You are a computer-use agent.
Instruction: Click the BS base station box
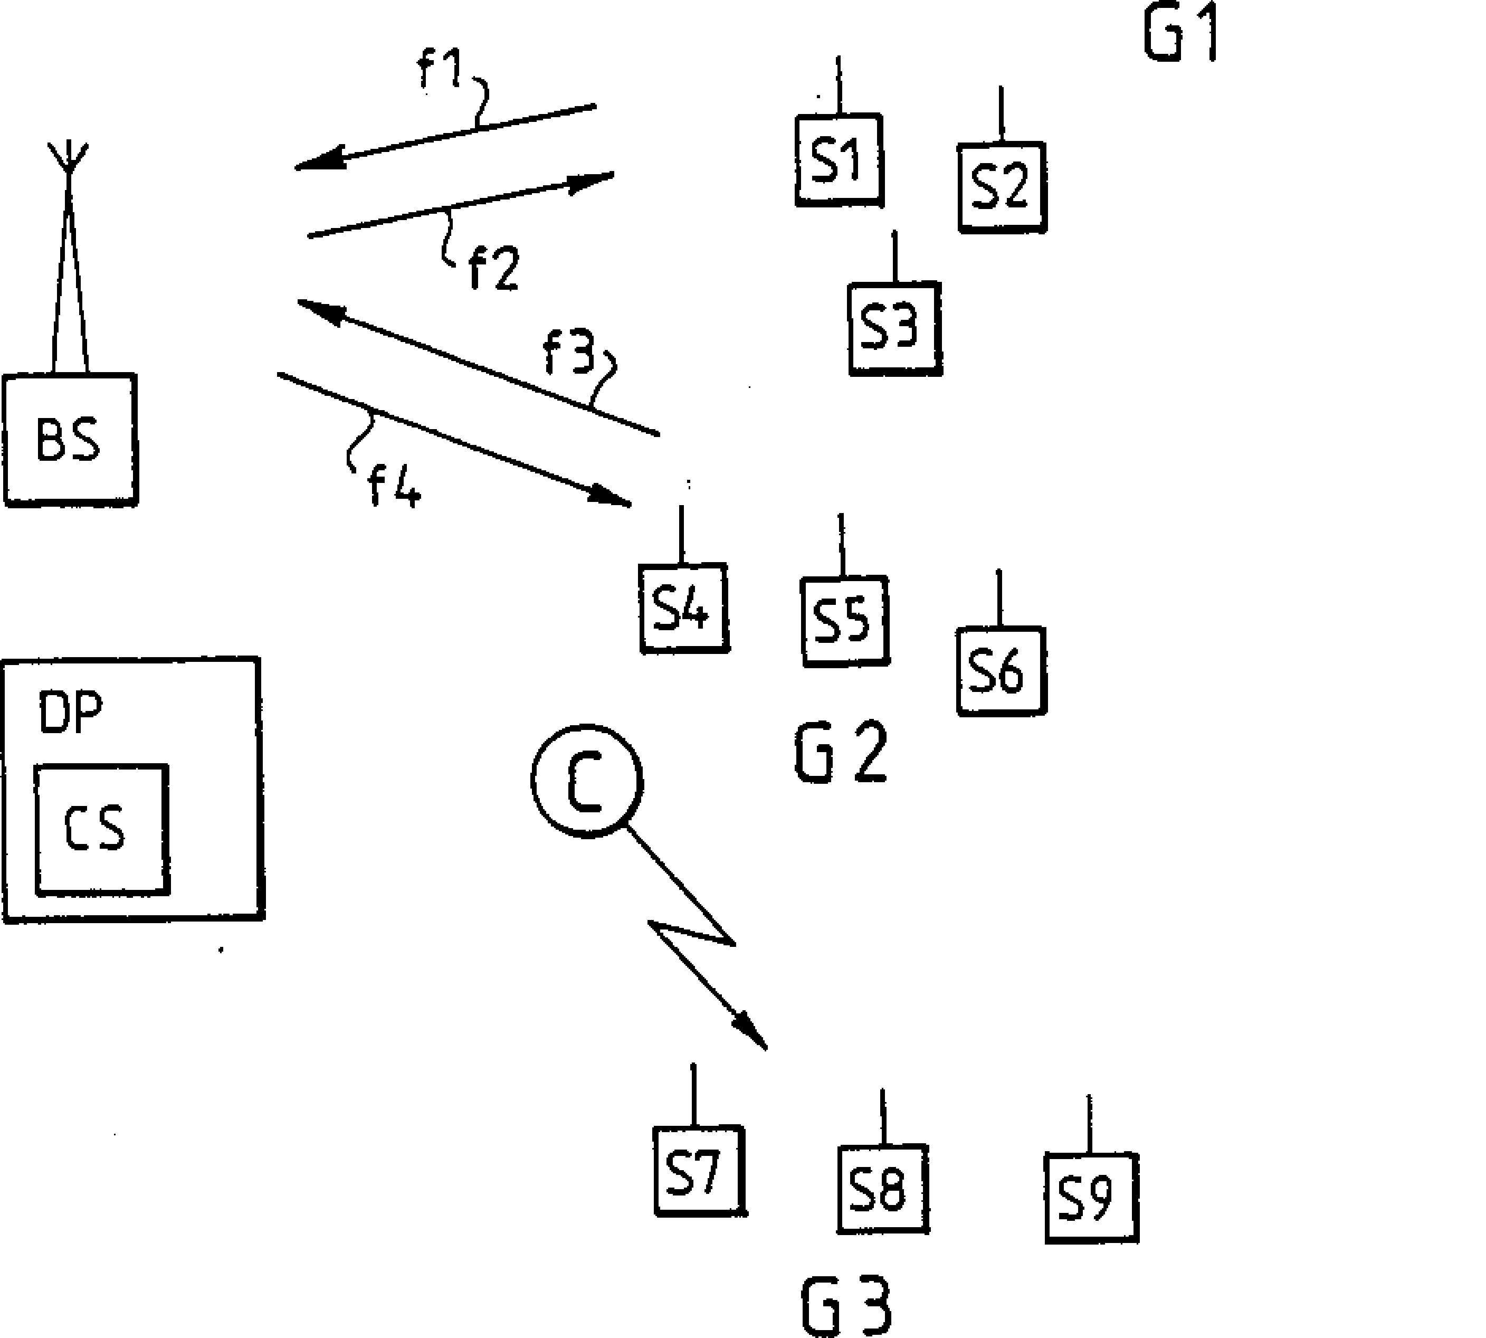point(70,439)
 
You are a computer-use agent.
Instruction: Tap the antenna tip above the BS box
point(69,147)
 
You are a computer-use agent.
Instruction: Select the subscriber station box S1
point(839,159)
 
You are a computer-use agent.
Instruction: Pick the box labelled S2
point(1001,187)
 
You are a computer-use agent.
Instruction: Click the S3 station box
point(894,328)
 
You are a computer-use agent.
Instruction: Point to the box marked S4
point(683,608)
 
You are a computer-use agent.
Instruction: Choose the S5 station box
point(844,622)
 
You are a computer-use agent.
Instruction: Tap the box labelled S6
point(1000,670)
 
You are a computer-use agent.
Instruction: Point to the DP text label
point(71,711)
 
